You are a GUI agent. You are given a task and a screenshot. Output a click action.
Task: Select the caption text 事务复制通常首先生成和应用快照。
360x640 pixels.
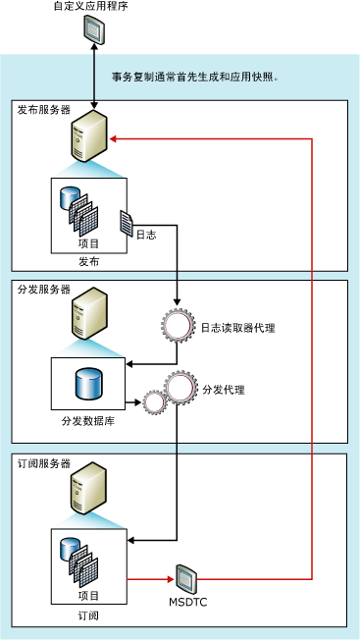tap(196, 77)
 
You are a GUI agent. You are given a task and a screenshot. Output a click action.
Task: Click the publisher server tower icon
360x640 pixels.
tap(88, 140)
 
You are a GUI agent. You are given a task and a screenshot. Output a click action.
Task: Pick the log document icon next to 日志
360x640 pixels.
tap(127, 223)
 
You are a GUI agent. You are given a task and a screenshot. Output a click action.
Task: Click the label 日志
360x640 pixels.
tap(146, 234)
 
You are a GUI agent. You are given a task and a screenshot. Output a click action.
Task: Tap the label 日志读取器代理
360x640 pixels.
tap(237, 328)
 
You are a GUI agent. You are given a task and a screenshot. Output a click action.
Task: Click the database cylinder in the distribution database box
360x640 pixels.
tap(88, 383)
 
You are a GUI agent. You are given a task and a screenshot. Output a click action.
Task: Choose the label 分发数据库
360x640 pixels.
tap(88, 421)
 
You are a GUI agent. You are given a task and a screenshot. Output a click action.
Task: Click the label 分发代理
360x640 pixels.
tap(223, 390)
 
